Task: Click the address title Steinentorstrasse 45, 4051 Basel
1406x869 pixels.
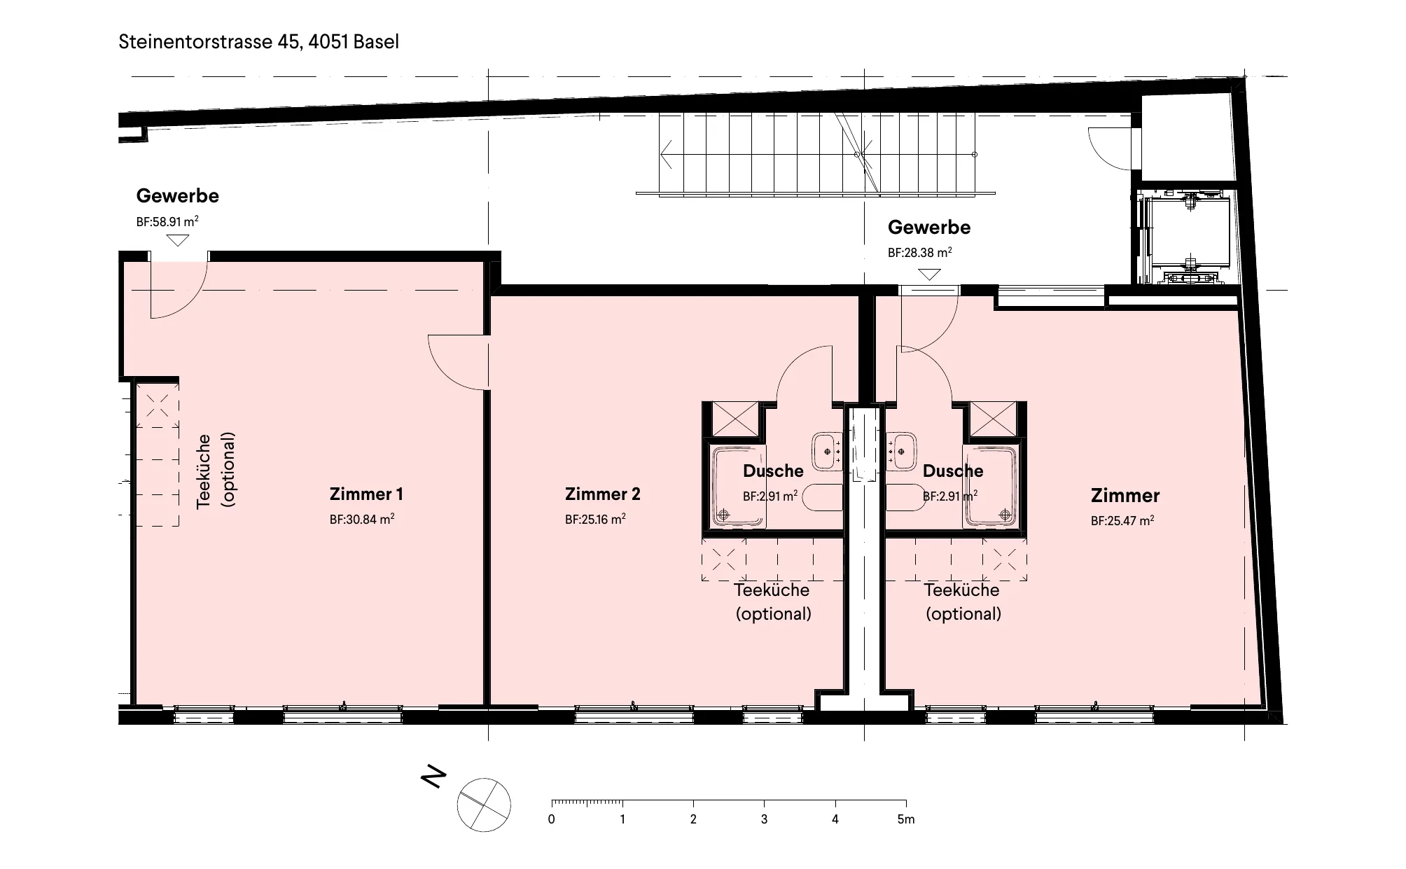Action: pyautogui.click(x=259, y=41)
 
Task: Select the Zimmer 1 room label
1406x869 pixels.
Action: pyautogui.click(x=366, y=494)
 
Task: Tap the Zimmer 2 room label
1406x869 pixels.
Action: pyautogui.click(x=602, y=494)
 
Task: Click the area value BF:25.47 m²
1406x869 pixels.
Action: pyautogui.click(x=1122, y=520)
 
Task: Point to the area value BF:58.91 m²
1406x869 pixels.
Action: pyautogui.click(x=167, y=221)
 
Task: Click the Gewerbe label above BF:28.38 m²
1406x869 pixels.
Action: pyautogui.click(x=929, y=227)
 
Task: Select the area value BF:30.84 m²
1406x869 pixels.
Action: pyautogui.click(x=362, y=519)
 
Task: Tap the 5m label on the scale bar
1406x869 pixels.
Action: pyautogui.click(x=906, y=819)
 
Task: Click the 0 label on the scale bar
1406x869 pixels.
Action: pyautogui.click(x=552, y=819)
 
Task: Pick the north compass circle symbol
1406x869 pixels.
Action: pyautogui.click(x=484, y=805)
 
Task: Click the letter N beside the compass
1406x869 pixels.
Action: pyautogui.click(x=433, y=777)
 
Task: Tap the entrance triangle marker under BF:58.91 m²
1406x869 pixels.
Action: pyautogui.click(x=179, y=240)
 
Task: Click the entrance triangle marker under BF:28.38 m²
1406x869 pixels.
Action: pyautogui.click(x=929, y=274)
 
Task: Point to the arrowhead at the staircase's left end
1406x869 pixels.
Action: pyautogui.click(x=666, y=154)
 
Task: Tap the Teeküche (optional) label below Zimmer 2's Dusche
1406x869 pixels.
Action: pyautogui.click(x=773, y=602)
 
